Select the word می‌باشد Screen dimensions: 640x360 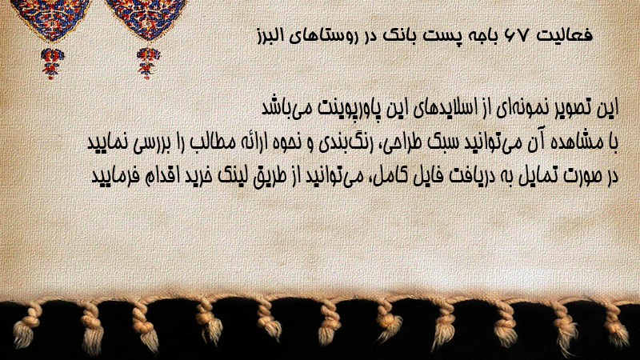coord(283,108)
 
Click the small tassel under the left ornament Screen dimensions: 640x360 coord(52,63)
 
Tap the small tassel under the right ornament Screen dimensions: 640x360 coord(148,63)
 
